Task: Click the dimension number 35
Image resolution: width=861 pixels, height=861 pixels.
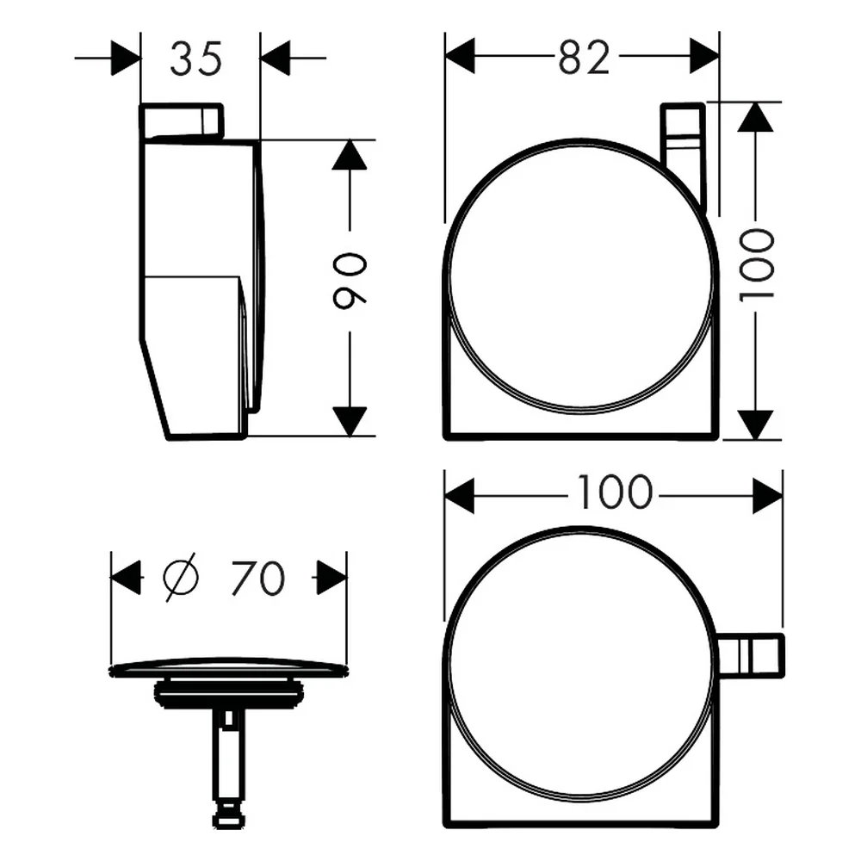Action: tap(196, 59)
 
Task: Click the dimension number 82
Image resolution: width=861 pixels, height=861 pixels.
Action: tap(585, 57)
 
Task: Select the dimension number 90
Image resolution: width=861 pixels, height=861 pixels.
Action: tap(350, 280)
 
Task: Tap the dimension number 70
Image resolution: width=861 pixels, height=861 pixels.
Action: tap(257, 578)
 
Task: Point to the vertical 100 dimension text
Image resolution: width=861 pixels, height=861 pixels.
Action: tap(756, 264)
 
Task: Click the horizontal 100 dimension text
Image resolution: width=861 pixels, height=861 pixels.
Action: tap(615, 492)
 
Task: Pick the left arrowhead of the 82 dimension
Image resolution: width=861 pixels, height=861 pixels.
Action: tap(460, 55)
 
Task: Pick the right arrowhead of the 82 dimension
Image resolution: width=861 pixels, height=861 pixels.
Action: tap(704, 55)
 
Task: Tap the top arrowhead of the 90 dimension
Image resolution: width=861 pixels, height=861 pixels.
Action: tap(350, 154)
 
